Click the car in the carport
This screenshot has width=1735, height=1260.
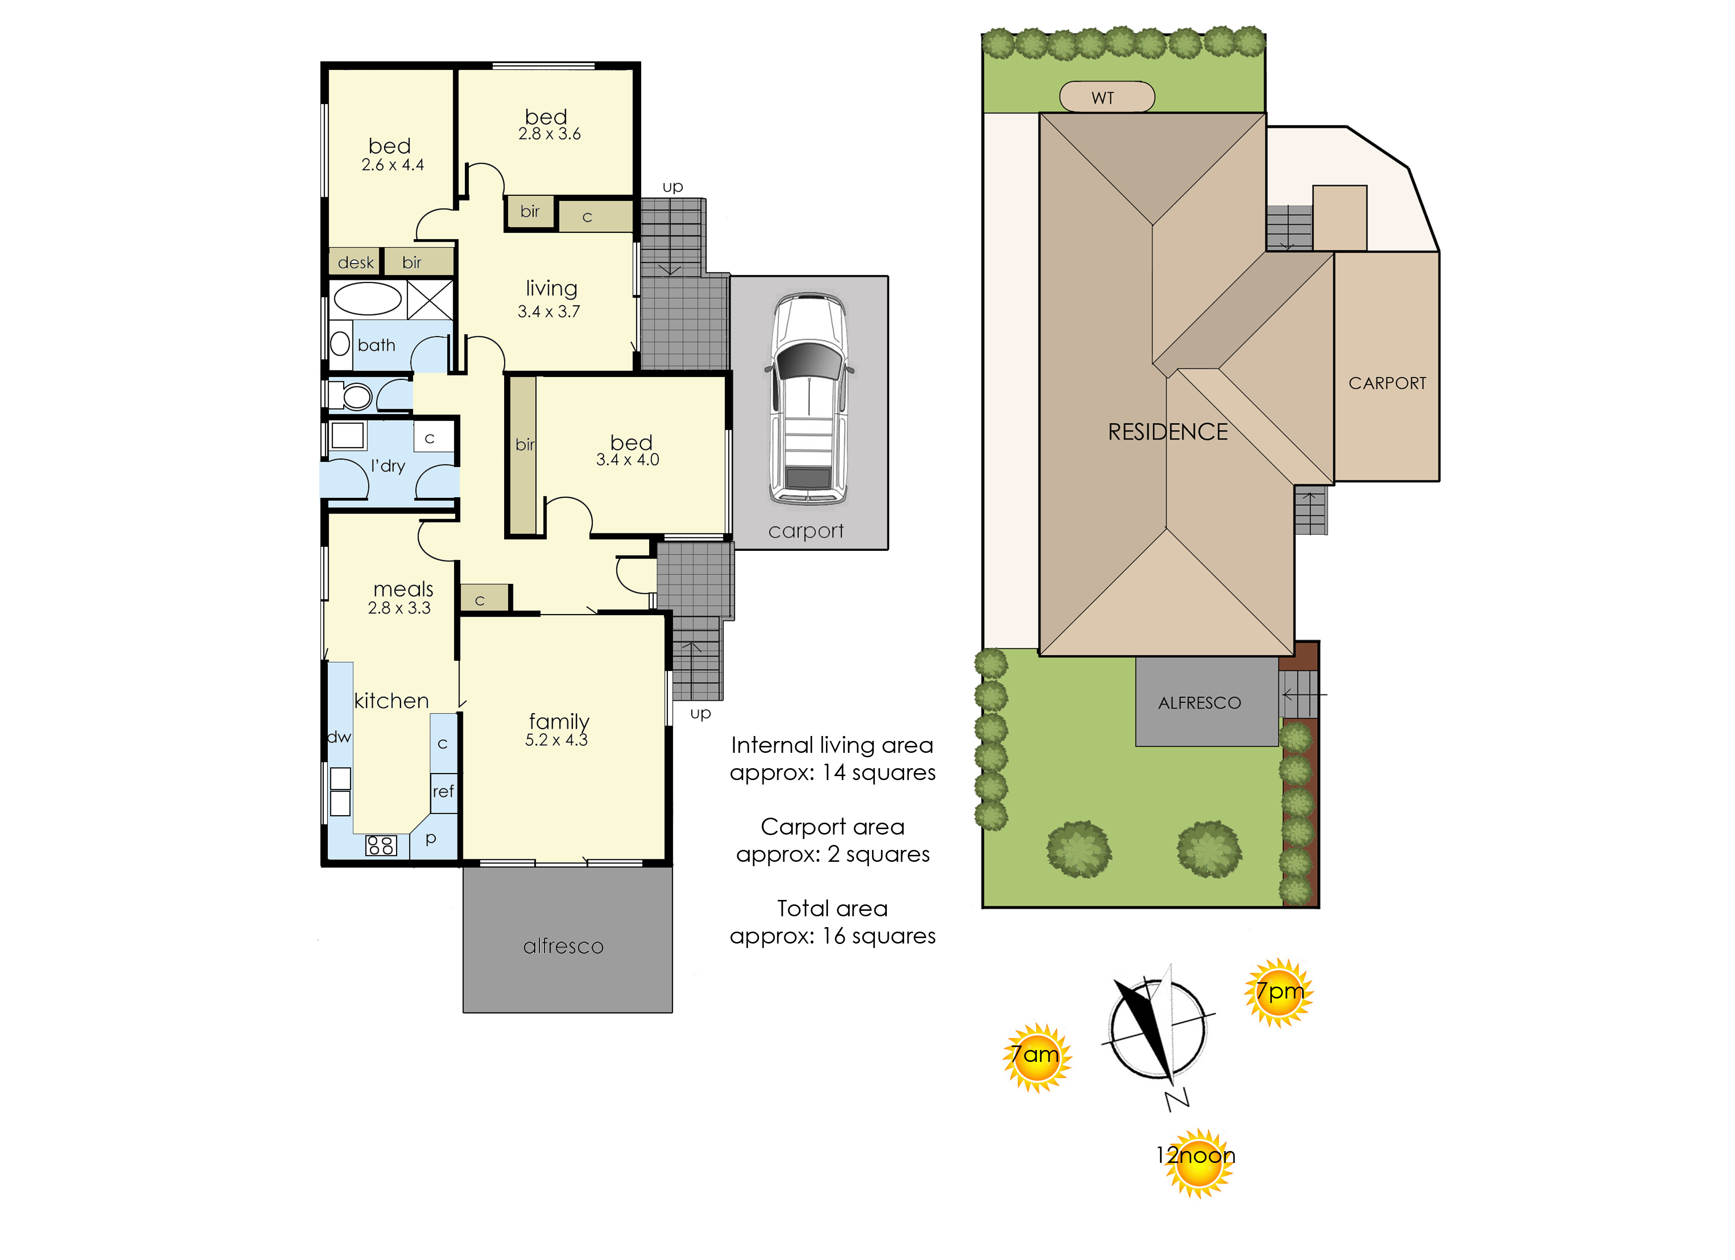[x=810, y=399]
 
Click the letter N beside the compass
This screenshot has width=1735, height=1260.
[x=1177, y=1100]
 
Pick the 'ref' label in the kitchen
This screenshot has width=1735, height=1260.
[x=443, y=791]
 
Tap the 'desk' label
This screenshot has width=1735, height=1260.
[x=356, y=262]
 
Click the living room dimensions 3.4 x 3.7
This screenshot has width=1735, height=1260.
[x=549, y=312]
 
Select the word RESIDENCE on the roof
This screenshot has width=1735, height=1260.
[x=1168, y=432]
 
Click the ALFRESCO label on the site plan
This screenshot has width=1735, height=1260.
[x=1200, y=703]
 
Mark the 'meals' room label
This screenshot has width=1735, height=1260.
[x=403, y=589]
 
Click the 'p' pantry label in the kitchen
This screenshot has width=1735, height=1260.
[x=431, y=839]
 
